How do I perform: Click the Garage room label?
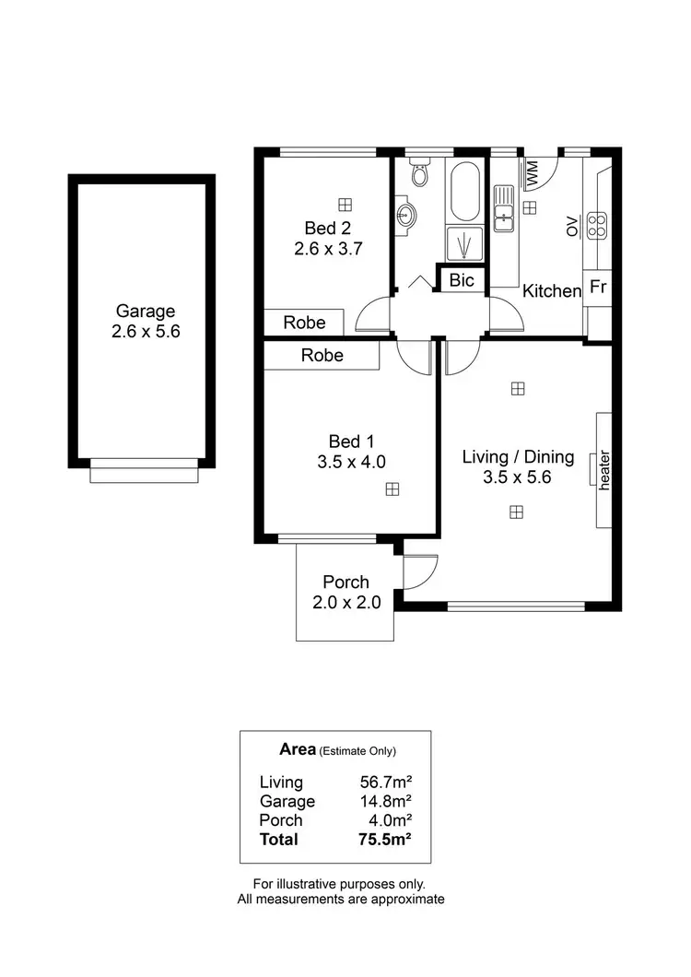point(145,312)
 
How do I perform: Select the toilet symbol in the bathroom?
point(420,174)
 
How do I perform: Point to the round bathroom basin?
point(405,216)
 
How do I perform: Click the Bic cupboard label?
point(462,280)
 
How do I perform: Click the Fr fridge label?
point(597,287)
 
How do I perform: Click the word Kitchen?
point(552,291)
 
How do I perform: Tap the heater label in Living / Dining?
point(605,470)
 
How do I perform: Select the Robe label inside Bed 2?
point(304,323)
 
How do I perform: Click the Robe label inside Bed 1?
point(322,355)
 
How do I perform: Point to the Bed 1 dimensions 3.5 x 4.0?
point(351,462)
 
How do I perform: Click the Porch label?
point(345,583)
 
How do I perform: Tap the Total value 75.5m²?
point(385,840)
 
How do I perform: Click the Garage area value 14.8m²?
point(385,802)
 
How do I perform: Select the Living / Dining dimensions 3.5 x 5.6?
point(517,477)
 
